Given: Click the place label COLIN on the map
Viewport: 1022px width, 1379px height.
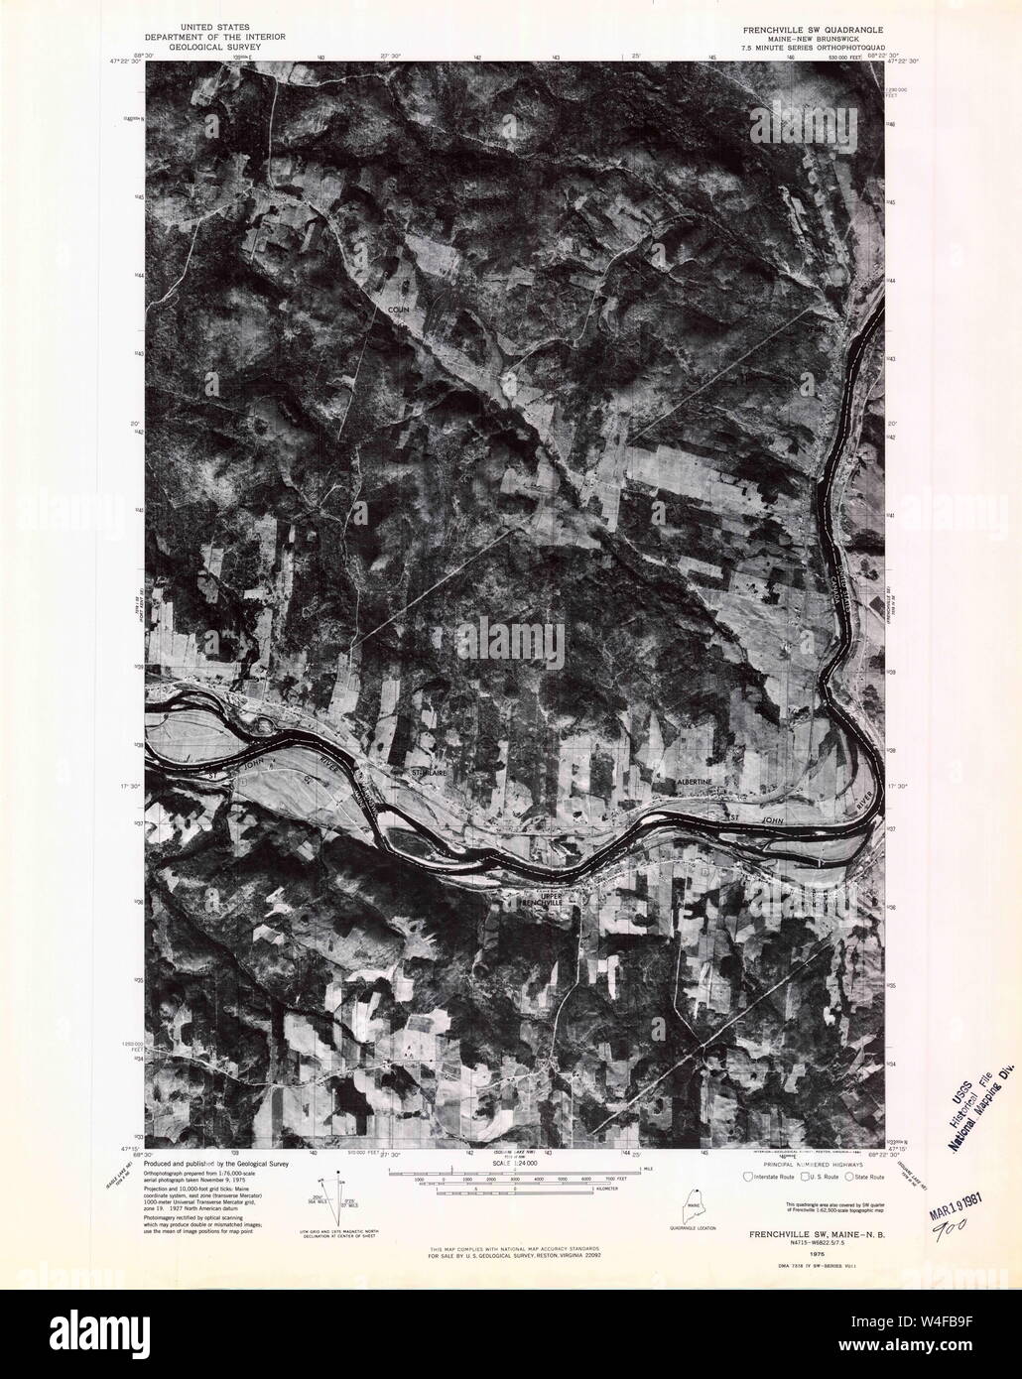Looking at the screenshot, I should [x=398, y=310].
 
